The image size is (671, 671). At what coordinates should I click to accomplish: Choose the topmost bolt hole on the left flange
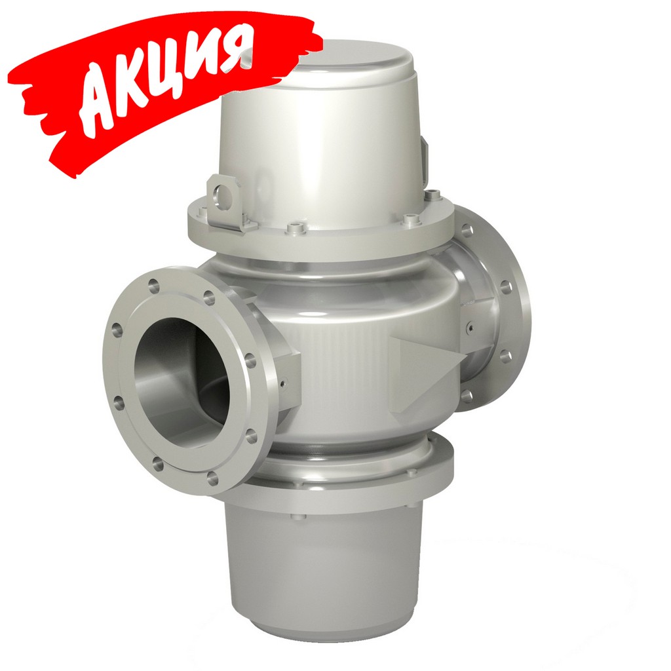click(153, 284)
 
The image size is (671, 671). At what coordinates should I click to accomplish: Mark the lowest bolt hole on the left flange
click(212, 479)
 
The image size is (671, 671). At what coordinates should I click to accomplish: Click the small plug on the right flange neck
click(471, 324)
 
